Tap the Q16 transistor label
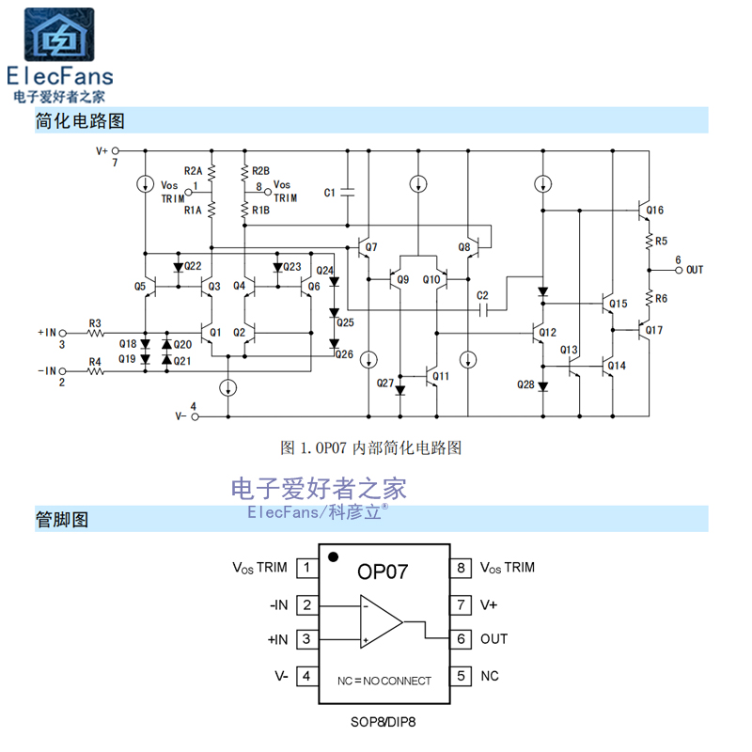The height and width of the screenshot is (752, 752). [x=655, y=210]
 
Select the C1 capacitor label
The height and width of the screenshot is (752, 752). [x=329, y=193]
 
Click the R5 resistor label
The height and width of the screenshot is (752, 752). [x=662, y=241]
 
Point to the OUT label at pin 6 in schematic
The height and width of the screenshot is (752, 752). [x=694, y=270]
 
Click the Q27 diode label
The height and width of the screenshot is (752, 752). [x=384, y=383]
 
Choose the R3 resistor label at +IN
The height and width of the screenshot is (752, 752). [x=95, y=322]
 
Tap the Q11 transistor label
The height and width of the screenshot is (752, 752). [x=442, y=375]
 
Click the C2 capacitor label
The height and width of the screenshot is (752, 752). [x=482, y=295]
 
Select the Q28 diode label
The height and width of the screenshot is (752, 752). [x=525, y=384]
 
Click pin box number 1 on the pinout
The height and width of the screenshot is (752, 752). [x=306, y=568]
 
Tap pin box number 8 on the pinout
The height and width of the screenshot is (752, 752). [x=461, y=568]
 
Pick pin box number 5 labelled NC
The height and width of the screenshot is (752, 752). [x=461, y=676]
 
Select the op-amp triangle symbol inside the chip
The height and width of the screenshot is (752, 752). [x=380, y=621]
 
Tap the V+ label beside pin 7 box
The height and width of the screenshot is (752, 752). [x=489, y=604]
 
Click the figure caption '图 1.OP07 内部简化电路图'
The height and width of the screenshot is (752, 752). [x=371, y=447]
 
